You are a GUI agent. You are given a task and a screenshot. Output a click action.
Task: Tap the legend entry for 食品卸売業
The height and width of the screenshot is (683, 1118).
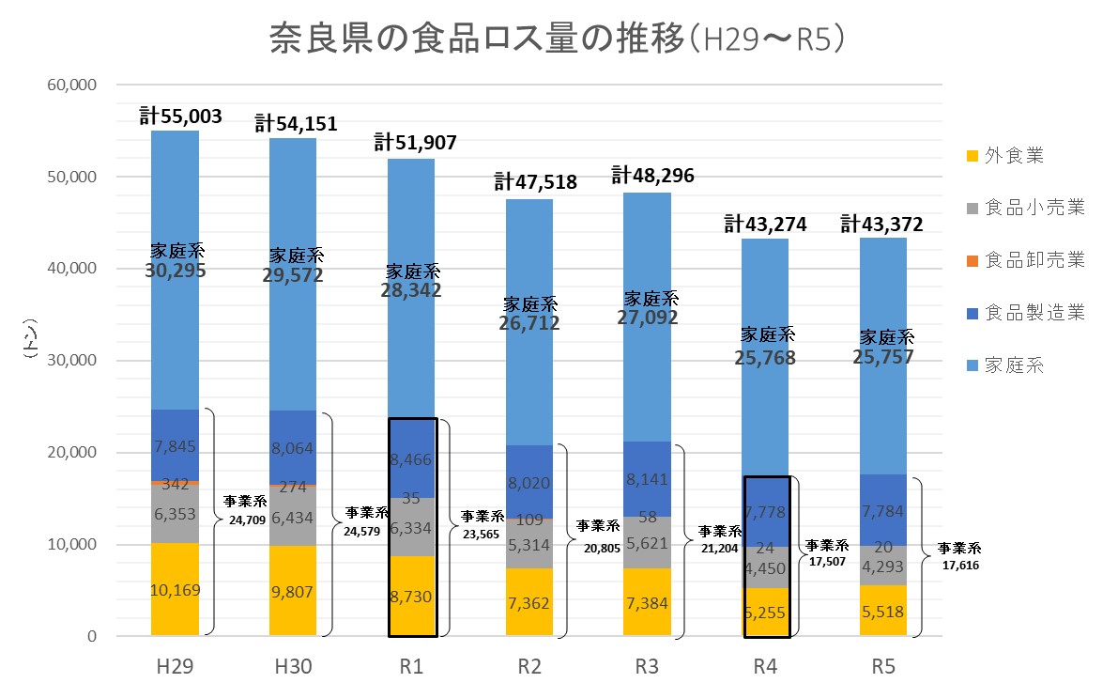point(1034,260)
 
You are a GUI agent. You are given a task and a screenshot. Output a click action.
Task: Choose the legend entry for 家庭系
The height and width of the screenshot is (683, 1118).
point(1013,365)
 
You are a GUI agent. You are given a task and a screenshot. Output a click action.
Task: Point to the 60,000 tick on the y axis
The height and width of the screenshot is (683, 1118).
point(72,85)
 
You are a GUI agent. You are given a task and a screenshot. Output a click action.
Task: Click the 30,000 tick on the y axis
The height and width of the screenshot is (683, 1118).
point(72,361)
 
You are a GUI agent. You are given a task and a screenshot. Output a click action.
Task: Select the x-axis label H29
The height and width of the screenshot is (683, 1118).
point(175,666)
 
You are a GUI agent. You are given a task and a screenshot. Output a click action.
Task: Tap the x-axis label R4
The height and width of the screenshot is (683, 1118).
point(765,666)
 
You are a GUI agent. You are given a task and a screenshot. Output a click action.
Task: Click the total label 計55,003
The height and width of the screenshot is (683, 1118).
point(180,116)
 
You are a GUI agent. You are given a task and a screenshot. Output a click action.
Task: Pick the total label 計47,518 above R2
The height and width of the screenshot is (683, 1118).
point(535,182)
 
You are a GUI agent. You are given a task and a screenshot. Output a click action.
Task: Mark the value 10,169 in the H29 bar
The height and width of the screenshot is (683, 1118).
point(175,591)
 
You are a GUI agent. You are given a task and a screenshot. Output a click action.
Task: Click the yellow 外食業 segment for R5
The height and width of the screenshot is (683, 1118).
point(883,611)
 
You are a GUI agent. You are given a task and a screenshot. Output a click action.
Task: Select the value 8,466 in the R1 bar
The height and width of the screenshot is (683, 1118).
point(411,460)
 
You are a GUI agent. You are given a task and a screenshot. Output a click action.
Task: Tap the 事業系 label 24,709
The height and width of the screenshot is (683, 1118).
point(242,519)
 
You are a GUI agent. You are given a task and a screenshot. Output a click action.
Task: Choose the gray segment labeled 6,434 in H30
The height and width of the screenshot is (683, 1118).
point(293,517)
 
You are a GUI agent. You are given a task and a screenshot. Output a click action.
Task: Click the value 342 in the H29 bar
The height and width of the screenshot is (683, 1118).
point(175,486)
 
